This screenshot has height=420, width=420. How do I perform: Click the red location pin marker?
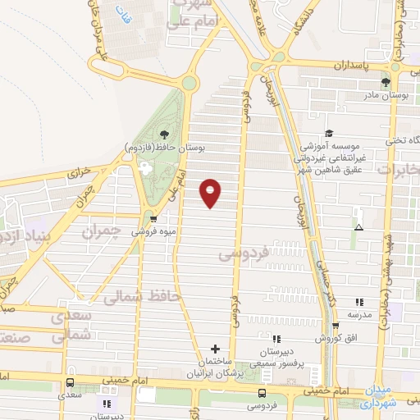coord(212,191)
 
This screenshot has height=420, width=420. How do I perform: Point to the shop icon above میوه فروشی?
coord(153,219)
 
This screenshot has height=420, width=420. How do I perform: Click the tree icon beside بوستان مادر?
coord(386,82)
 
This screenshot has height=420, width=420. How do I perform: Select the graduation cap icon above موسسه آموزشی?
coord(329,133)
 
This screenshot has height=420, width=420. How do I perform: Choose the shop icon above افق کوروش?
coord(335,326)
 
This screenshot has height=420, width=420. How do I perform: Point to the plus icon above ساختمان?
coord(216,349)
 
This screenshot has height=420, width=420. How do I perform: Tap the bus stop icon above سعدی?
coord(71,382)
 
